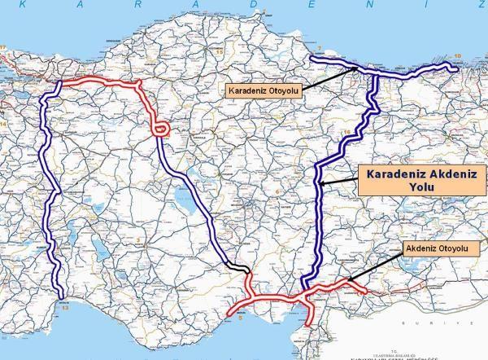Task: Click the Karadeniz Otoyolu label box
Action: pyautogui.click(x=263, y=90)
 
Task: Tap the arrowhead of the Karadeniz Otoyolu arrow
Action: pyautogui.click(x=355, y=69)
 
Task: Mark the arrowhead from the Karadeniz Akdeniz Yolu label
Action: pyautogui.click(x=321, y=186)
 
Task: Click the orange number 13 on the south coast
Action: pyautogui.click(x=65, y=309)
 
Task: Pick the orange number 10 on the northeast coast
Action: pyautogui.click(x=457, y=55)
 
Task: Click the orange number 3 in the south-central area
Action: pyautogui.click(x=240, y=310)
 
